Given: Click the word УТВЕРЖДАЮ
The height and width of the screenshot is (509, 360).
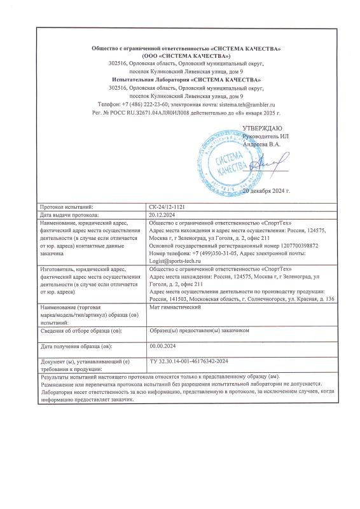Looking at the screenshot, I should (x=262, y=129).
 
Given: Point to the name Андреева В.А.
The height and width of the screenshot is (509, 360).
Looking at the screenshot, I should (x=262, y=144).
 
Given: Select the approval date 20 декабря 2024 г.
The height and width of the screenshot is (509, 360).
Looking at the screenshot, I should (x=268, y=190).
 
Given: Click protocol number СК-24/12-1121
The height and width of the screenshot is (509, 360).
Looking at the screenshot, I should (x=168, y=207).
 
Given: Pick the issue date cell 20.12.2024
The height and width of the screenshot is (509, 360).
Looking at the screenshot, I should (x=161, y=215).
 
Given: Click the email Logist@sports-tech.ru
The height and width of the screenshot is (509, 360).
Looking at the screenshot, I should (x=175, y=260).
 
